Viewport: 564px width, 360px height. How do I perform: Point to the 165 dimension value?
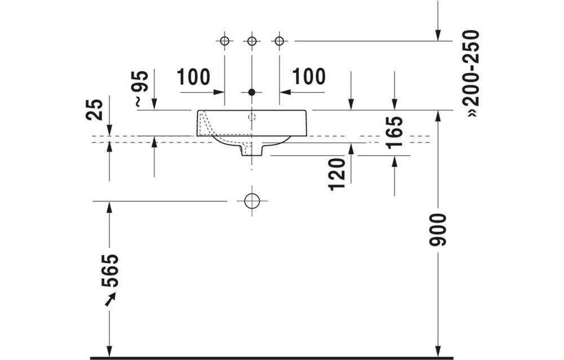click(394, 131)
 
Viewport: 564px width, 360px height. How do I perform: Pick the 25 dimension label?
click(96, 109)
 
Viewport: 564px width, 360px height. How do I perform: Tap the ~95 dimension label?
click(140, 89)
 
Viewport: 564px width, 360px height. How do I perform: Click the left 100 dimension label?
click(193, 77)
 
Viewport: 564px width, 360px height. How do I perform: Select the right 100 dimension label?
click(309, 77)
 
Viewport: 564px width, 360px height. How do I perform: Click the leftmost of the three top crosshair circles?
click(224, 41)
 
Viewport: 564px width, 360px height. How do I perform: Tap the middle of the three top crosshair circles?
click(252, 41)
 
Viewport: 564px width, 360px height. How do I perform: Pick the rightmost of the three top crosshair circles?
click(279, 41)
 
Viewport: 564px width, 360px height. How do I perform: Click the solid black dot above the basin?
click(252, 91)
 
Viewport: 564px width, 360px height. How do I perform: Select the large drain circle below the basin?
click(252, 201)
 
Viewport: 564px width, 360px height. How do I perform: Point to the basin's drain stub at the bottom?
click(252, 150)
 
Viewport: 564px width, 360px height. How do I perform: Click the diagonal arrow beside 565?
click(111, 298)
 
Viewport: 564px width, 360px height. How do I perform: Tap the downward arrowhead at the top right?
click(438, 36)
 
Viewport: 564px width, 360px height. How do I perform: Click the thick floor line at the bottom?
click(271, 358)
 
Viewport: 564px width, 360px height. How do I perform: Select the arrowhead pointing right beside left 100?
click(220, 91)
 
